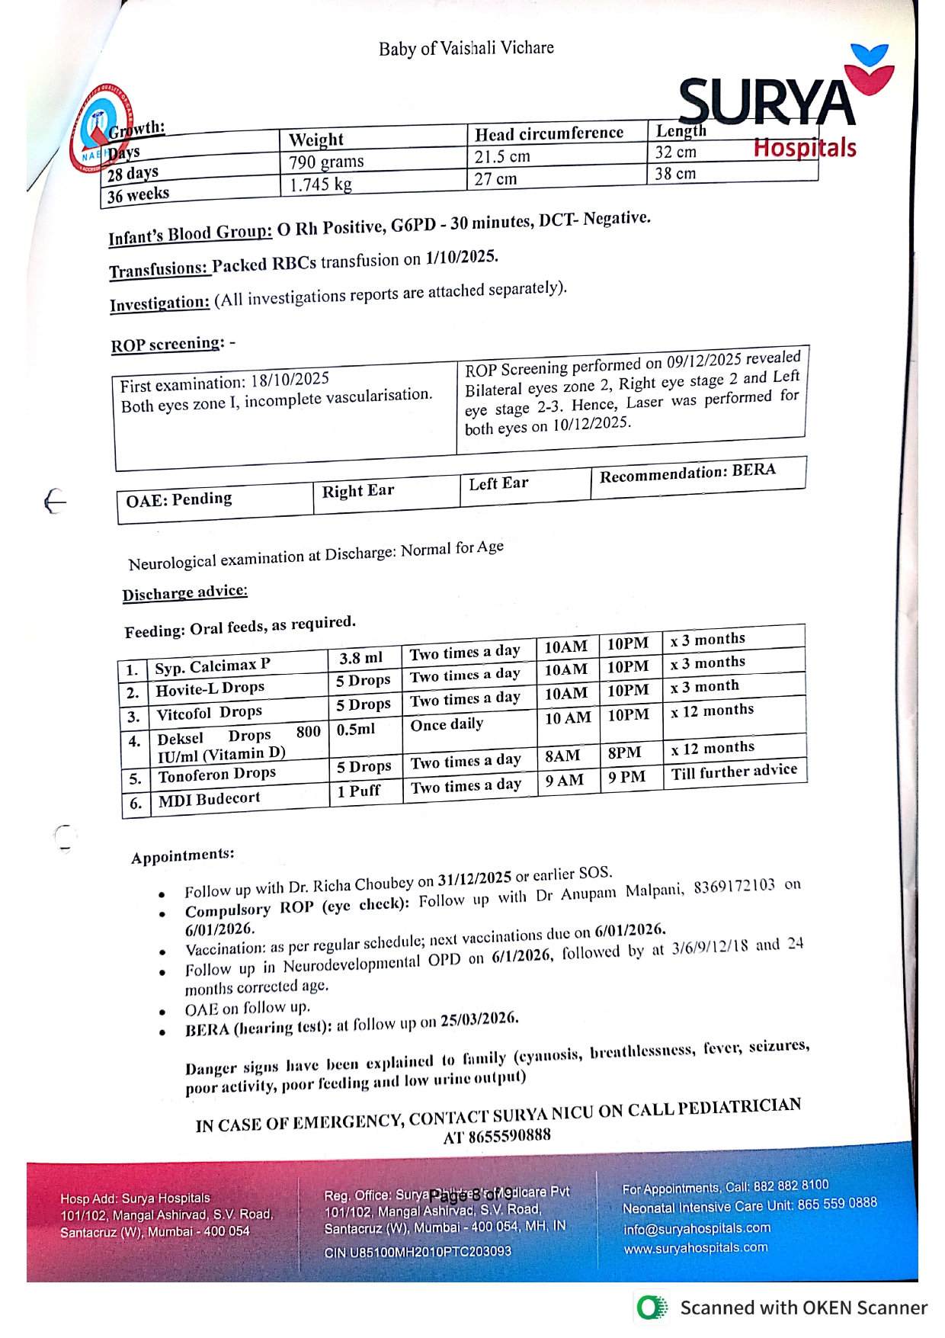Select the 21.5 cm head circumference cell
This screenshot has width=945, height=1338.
coord(502,157)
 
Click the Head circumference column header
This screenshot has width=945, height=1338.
coord(549,133)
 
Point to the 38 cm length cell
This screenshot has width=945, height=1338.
coord(675,174)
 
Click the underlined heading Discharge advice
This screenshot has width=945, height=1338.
coord(185,592)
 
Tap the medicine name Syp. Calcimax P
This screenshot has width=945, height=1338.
coord(213,666)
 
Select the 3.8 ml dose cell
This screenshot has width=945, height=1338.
coord(361,658)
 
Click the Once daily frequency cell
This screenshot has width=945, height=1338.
coord(447,724)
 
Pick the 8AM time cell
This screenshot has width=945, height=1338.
coord(562,756)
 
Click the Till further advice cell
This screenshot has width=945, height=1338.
coord(734,772)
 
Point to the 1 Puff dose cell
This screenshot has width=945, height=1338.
coord(359,791)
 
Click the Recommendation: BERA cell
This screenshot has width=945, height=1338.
coord(687,473)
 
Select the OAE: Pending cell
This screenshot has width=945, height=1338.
coord(179,499)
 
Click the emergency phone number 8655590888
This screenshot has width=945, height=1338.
coord(497,1136)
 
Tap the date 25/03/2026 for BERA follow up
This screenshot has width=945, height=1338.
coord(479,1019)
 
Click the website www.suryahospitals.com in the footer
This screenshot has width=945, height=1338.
coord(696,1248)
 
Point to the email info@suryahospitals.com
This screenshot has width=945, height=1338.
coord(697,1228)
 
